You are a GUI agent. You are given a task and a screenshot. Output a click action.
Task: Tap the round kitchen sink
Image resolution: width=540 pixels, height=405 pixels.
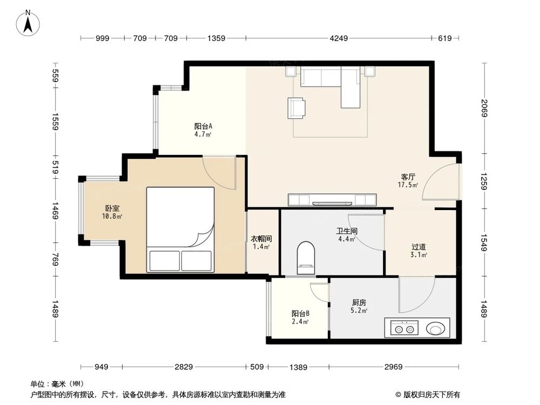pos(435,328)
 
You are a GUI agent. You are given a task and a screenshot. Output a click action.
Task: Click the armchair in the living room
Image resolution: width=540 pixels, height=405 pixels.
pos(296,107)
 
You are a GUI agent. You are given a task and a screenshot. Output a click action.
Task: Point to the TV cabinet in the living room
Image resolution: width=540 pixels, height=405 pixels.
pos(332,200)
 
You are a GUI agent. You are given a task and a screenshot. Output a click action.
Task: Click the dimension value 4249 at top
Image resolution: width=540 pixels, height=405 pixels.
pos(340,38)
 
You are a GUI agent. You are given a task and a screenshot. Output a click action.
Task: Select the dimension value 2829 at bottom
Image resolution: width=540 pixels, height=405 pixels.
pos(184,367)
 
